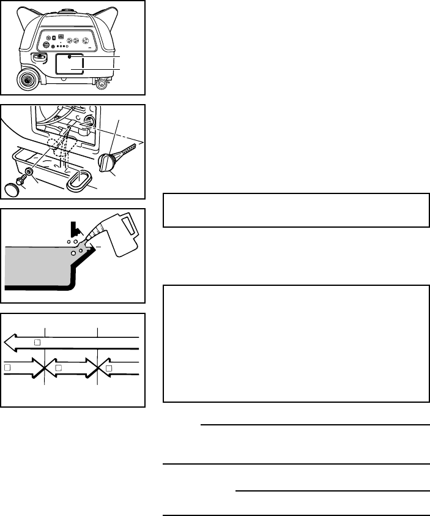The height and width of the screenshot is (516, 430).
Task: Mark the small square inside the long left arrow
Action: point(36,342)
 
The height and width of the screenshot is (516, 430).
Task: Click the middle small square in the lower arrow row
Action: point(57,368)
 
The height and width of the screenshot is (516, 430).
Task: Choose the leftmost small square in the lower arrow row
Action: point(7,368)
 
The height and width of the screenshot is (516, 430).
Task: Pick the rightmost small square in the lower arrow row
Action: point(108,368)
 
